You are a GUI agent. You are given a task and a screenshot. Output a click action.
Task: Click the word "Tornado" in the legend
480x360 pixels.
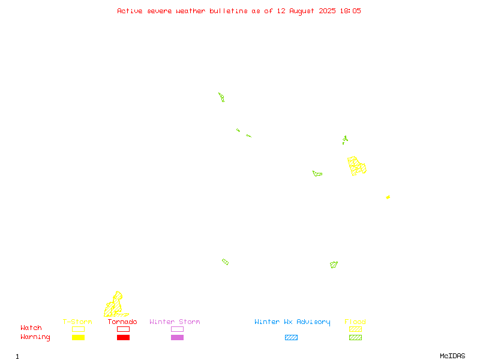122,322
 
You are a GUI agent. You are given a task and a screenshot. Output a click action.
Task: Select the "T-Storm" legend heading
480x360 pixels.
77,322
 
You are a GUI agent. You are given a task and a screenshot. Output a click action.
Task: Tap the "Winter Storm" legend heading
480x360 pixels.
175,322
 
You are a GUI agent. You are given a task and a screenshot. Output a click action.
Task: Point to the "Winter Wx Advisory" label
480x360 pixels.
292,322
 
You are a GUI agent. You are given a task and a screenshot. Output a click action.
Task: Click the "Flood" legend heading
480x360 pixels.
355,322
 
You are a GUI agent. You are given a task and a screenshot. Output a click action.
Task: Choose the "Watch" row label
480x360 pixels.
31,328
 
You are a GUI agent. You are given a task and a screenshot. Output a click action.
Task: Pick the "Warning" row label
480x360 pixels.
35,337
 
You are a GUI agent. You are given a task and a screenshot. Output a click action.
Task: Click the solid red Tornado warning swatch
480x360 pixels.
123,337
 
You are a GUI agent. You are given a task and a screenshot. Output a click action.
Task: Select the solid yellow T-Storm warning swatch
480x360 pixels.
78,337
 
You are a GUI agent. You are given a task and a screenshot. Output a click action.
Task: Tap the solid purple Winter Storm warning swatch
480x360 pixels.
177,337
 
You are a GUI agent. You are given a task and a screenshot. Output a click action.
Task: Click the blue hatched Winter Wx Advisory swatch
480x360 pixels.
291,337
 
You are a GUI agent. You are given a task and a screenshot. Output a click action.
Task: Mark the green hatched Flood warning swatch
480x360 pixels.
355,337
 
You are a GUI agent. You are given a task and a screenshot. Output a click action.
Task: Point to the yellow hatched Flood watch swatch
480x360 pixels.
355,329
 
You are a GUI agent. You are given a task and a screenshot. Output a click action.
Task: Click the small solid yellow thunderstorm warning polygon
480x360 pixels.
388,197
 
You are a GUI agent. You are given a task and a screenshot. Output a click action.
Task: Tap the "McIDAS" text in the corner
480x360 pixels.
452,356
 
